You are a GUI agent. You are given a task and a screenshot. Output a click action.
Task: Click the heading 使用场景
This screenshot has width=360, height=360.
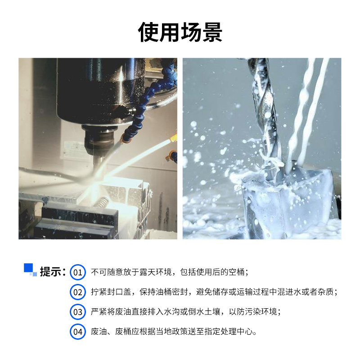[180, 32]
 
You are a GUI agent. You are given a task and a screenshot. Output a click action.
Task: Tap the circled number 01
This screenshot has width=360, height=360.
[78, 272]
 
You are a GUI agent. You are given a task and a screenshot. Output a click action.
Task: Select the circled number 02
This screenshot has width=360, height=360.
[78, 292]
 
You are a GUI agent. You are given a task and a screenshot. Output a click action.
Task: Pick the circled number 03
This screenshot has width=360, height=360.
[78, 312]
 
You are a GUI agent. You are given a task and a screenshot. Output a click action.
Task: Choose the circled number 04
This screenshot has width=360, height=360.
[78, 332]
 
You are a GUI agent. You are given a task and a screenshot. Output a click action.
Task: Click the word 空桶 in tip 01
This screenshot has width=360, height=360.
[235, 272]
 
